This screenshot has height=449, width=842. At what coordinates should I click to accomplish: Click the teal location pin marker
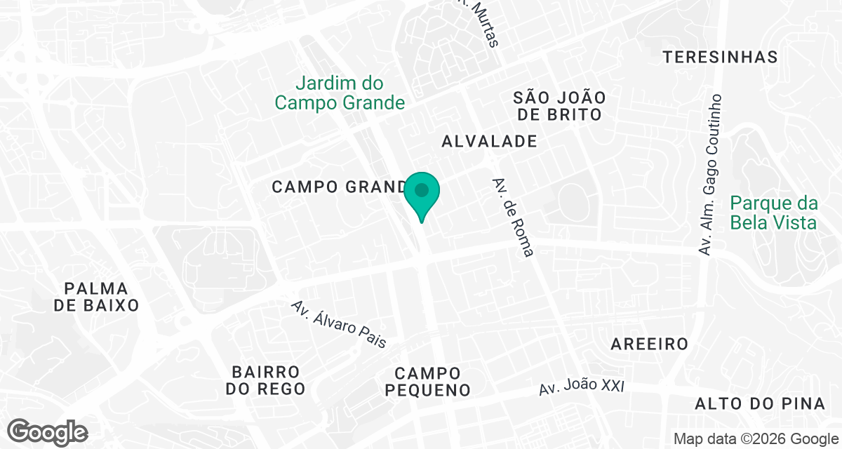click(x=421, y=196)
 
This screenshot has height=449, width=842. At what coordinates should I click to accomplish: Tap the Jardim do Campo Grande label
click(x=340, y=93)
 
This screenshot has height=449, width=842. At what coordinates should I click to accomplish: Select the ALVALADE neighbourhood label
click(x=489, y=141)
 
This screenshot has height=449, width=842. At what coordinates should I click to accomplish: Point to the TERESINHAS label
click(x=721, y=57)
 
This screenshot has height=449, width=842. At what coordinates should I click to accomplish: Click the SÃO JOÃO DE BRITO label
click(x=559, y=105)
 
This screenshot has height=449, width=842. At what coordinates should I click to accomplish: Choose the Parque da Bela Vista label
click(x=773, y=213)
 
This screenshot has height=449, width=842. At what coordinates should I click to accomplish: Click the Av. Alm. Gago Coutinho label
click(x=710, y=173)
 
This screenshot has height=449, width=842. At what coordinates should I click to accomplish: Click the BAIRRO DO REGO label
click(x=266, y=380)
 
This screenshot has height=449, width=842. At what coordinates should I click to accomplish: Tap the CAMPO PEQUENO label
click(x=427, y=382)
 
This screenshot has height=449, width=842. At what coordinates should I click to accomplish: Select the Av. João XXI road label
click(x=582, y=386)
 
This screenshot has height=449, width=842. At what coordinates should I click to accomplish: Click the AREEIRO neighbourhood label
click(x=649, y=344)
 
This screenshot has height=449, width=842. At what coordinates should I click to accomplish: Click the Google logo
click(x=47, y=431)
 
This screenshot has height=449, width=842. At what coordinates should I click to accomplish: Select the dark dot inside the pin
click(x=421, y=189)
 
